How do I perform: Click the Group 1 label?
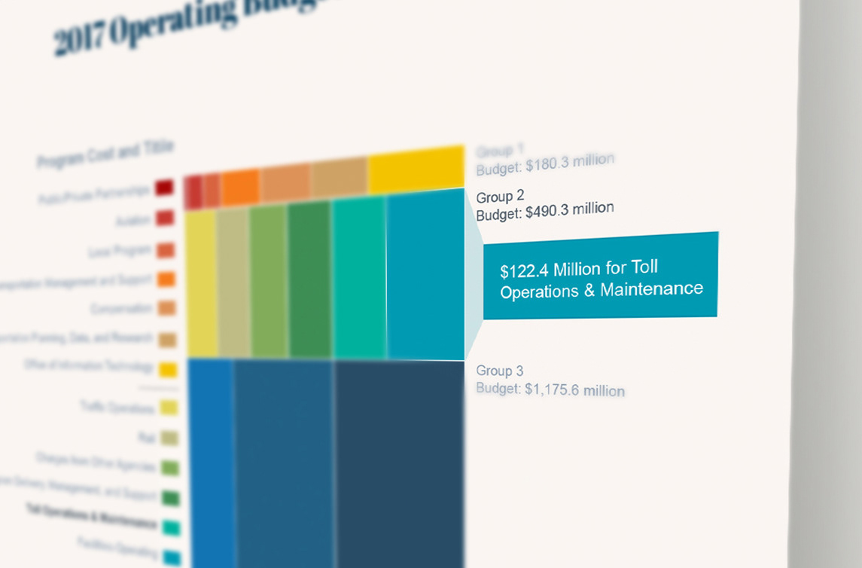click(500, 151)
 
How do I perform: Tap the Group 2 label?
click(500, 197)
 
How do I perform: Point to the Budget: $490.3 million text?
click(545, 210)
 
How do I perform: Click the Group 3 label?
click(500, 371)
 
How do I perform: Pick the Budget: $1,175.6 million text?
click(550, 389)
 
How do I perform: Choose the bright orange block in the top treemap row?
click(240, 186)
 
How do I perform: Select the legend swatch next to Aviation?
click(166, 218)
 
